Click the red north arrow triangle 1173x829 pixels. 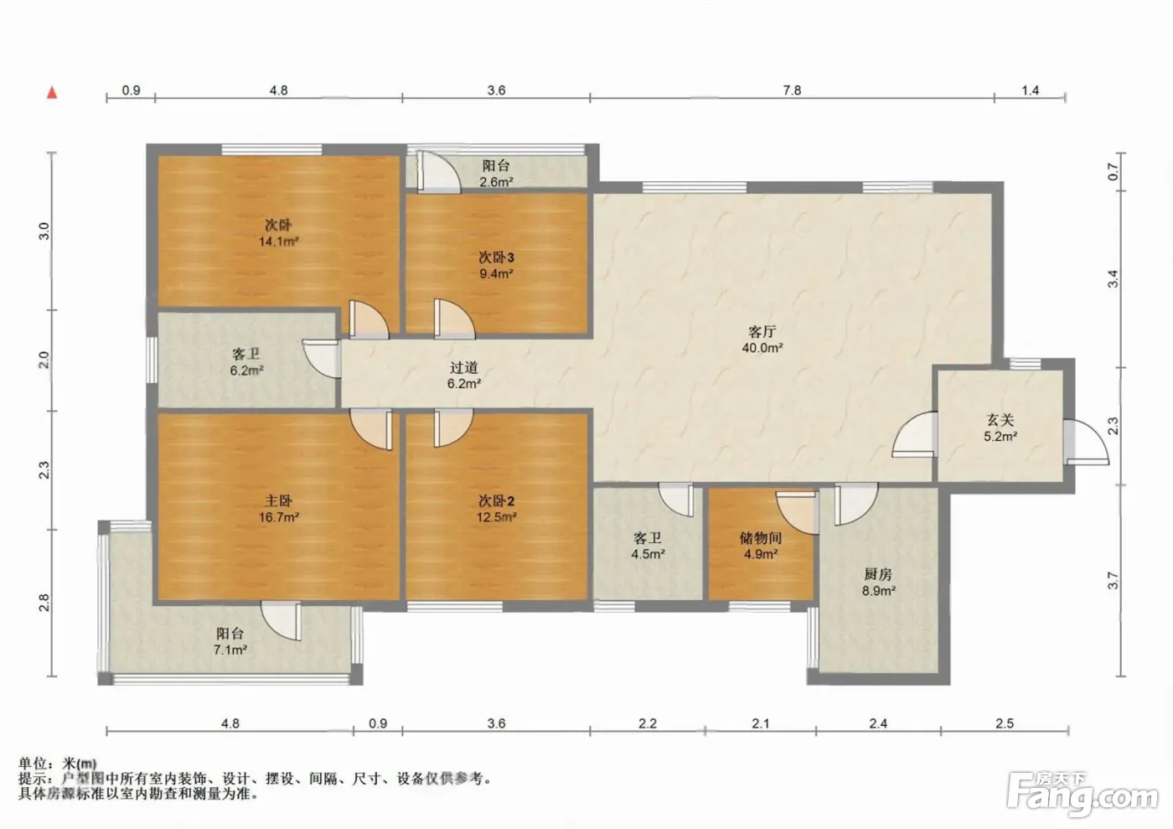click(x=52, y=93)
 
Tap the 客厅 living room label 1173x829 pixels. click(x=762, y=332)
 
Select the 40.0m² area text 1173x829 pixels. click(x=762, y=347)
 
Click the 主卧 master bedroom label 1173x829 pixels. click(x=278, y=501)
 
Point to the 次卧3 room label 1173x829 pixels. click(x=496, y=257)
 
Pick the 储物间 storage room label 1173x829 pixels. click(x=761, y=537)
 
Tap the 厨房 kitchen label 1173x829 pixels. click(x=878, y=574)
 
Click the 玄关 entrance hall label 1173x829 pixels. click(x=1000, y=420)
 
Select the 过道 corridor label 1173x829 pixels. click(x=464, y=367)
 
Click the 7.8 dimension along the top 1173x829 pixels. click(x=792, y=91)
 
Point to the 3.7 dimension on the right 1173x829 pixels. click(x=1113, y=581)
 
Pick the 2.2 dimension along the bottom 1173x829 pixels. click(x=647, y=723)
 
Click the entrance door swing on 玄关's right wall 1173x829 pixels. click(x=1086, y=443)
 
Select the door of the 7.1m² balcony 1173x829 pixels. click(x=282, y=621)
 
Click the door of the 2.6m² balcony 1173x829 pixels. click(x=439, y=172)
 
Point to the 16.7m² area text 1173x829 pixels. click(x=278, y=517)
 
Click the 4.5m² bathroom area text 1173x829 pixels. click(x=648, y=554)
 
